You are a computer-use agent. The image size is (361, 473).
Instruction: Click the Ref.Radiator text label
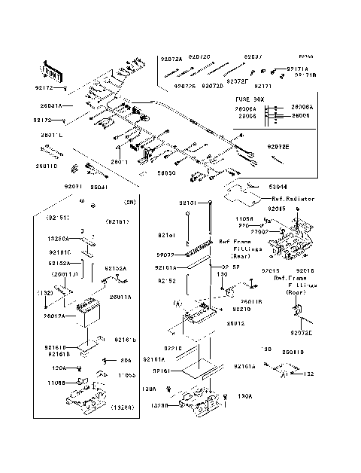(290, 199)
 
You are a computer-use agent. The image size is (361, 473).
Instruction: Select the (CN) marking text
(129, 202)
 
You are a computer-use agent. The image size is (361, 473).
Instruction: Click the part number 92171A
(298, 69)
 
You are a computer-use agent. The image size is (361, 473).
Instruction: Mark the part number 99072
(166, 255)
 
